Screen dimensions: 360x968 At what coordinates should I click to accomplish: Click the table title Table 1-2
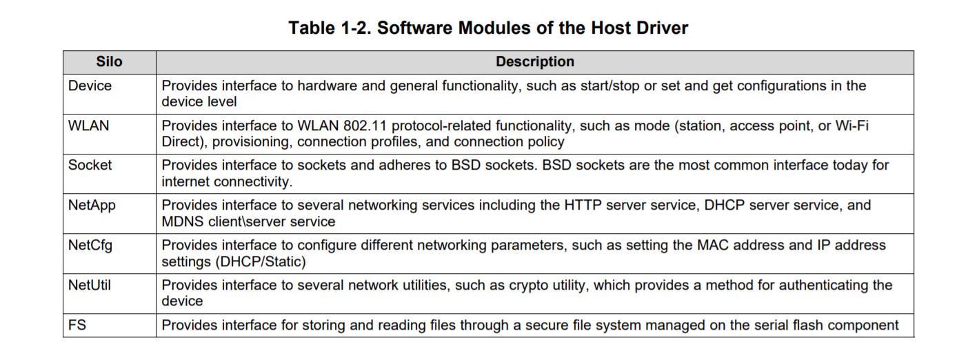(488, 28)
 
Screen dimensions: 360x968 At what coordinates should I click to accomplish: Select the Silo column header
(109, 62)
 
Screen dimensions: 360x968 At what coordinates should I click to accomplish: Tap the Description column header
(534, 62)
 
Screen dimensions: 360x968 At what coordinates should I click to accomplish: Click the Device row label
(90, 86)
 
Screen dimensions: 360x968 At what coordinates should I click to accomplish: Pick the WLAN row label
(88, 126)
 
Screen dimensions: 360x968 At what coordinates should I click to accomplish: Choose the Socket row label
(90, 166)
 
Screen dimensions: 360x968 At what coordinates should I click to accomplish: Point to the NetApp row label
(92, 206)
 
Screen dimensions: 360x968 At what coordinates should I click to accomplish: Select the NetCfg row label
(90, 246)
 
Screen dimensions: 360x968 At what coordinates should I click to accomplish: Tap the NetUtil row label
(90, 285)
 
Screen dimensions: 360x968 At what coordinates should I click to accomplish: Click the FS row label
(77, 325)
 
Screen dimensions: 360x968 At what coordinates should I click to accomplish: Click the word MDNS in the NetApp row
(181, 222)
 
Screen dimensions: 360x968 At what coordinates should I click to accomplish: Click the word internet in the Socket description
(188, 182)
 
